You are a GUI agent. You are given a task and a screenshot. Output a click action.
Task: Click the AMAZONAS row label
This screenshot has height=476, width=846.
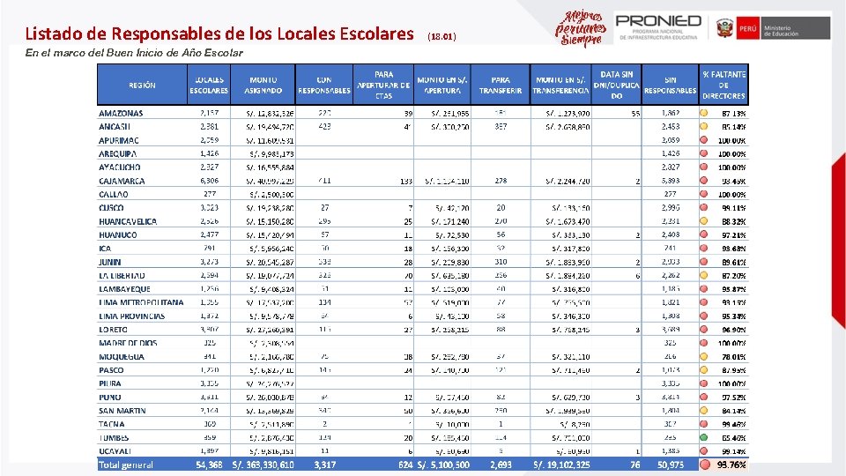pyautogui.click(x=121, y=113)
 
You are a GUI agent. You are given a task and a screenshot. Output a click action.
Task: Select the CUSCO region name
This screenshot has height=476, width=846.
pyautogui.click(x=112, y=208)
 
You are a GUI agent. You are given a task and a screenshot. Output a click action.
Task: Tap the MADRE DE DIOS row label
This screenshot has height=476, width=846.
pyautogui.click(x=128, y=343)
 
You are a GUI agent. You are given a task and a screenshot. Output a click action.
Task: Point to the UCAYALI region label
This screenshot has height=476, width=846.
pyautogui.click(x=116, y=450)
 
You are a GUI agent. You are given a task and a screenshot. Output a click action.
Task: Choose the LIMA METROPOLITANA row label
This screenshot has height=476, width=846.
pyautogui.click(x=141, y=302)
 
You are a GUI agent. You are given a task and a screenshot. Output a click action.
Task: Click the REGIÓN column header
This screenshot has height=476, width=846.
pyautogui.click(x=142, y=86)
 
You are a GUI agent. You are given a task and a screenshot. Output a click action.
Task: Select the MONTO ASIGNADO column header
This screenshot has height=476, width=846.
pyautogui.click(x=263, y=85)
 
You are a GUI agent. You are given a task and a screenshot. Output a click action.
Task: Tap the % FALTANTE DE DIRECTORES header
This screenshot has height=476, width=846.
pyautogui.click(x=724, y=85)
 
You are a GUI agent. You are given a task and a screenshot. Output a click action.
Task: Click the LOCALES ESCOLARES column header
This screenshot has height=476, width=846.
pyautogui.click(x=210, y=85)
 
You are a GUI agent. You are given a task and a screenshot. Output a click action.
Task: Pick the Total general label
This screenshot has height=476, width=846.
pyautogui.click(x=126, y=465)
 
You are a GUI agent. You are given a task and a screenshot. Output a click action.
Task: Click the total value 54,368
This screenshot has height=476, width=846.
pyautogui.click(x=208, y=465)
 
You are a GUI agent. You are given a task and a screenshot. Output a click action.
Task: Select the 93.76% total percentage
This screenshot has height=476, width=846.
pyautogui.click(x=731, y=465)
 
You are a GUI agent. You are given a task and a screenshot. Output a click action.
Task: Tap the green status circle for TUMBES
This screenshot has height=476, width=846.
pyautogui.click(x=704, y=437)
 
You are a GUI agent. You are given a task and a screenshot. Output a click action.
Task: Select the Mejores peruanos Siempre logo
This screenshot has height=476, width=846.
pyautogui.click(x=580, y=28)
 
